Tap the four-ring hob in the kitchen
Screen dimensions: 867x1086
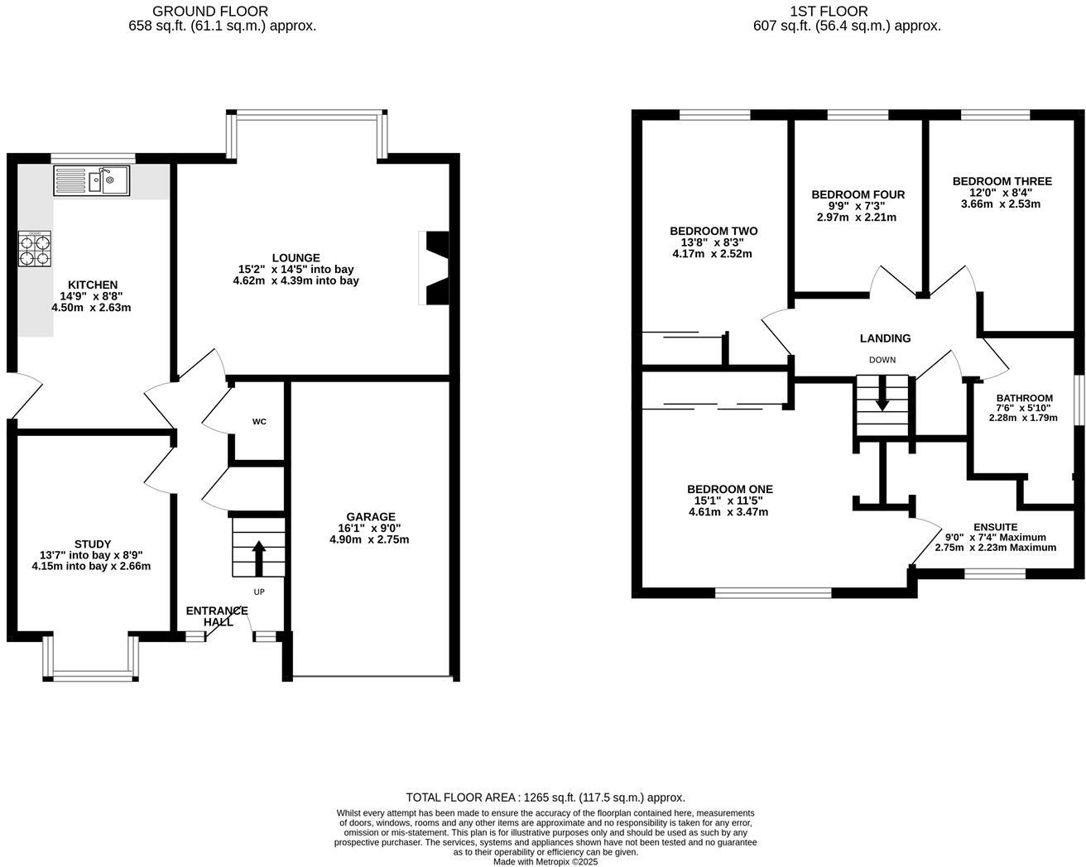[x=34, y=248]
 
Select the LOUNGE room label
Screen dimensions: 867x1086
[x=296, y=258]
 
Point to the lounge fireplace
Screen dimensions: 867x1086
[x=435, y=269]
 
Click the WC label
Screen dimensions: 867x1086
[x=259, y=422]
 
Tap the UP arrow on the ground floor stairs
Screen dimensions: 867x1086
[x=258, y=558]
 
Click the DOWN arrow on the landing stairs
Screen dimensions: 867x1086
[x=882, y=394]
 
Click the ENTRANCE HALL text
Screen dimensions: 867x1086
[x=217, y=616]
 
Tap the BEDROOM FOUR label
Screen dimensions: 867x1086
[x=858, y=194]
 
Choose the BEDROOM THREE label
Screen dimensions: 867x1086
[x=1002, y=181]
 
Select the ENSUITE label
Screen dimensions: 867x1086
[x=995, y=527]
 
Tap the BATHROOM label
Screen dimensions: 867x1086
[x=1024, y=398]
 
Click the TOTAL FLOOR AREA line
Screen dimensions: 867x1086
[x=545, y=798]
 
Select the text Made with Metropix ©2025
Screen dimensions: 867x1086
[x=545, y=861]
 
